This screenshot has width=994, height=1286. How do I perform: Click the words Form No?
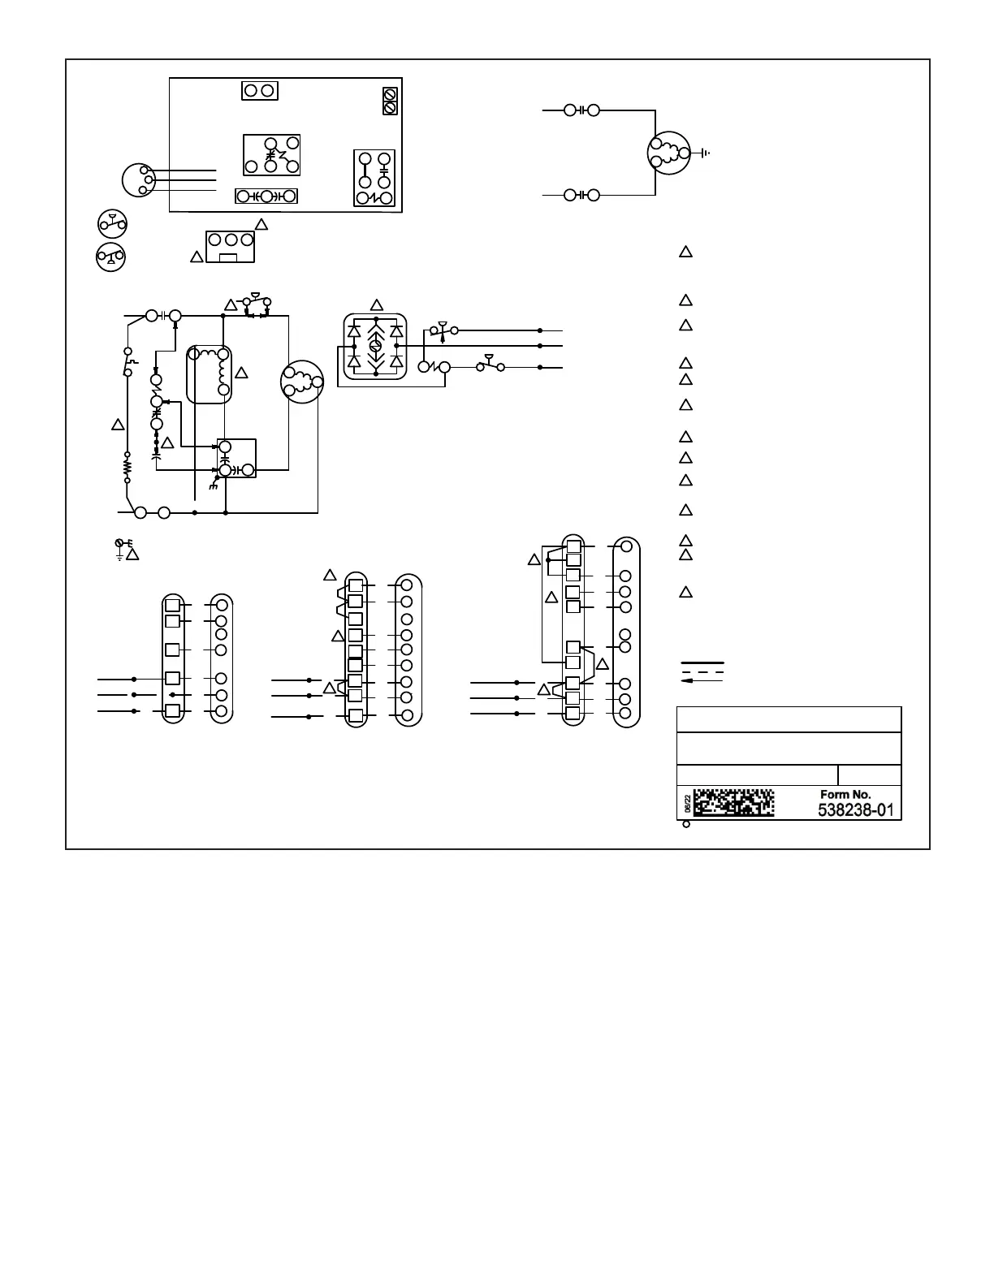pyautogui.click(x=845, y=794)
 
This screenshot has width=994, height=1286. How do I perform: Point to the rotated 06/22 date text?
pyautogui.click(x=687, y=804)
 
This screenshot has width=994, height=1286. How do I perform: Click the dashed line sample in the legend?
pyautogui.click(x=702, y=673)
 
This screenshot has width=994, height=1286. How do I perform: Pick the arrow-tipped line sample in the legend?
pyautogui.click(x=702, y=681)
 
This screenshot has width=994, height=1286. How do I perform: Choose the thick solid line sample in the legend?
pyautogui.click(x=702, y=665)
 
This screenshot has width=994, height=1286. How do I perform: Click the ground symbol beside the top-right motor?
pyautogui.click(x=704, y=153)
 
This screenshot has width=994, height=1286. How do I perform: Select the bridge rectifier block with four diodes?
pyautogui.click(x=375, y=347)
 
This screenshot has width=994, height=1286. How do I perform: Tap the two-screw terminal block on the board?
pyautogui.click(x=389, y=101)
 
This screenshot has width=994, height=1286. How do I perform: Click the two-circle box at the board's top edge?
pyautogui.click(x=260, y=90)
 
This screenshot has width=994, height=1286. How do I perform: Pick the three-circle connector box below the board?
pyautogui.click(x=231, y=246)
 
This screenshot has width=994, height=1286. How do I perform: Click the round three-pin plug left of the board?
pyautogui.click(x=138, y=180)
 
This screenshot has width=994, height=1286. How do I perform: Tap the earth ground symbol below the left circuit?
pyautogui.click(x=120, y=549)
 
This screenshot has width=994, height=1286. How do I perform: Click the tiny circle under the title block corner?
pyautogui.click(x=685, y=825)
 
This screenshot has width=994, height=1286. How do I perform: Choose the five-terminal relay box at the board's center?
pyautogui.click(x=272, y=154)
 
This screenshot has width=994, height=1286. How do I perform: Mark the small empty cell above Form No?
pyautogui.click(x=869, y=775)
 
